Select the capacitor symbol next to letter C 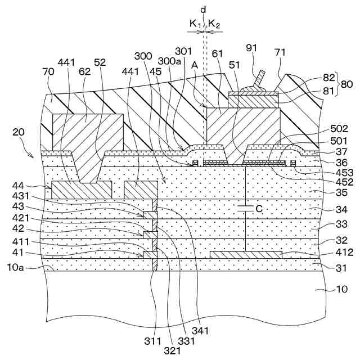pos(246,209)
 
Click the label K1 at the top pos(195,24)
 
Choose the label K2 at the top pos(214,24)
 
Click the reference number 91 pos(251,49)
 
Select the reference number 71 pos(281,52)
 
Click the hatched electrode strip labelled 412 pos(245,255)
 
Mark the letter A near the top pos(194,65)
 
